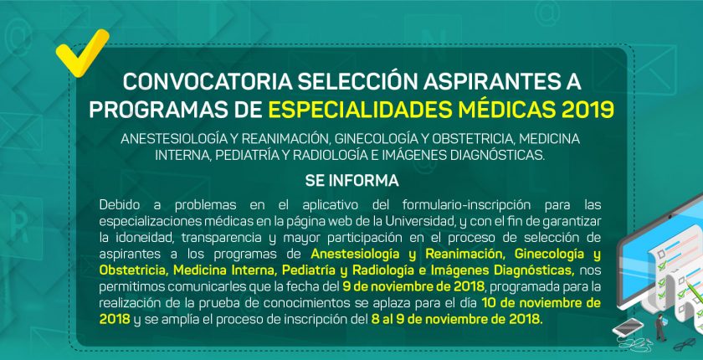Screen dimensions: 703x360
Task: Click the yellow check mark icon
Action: [82, 54]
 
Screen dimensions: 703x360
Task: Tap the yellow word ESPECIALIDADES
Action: [360, 110]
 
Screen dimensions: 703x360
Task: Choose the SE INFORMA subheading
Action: [352, 181]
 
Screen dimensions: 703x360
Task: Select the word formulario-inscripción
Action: [466, 205]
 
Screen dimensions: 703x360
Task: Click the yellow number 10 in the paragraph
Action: [489, 302]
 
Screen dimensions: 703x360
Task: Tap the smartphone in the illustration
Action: [628, 327]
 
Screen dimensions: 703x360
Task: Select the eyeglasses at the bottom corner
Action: [685, 344]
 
